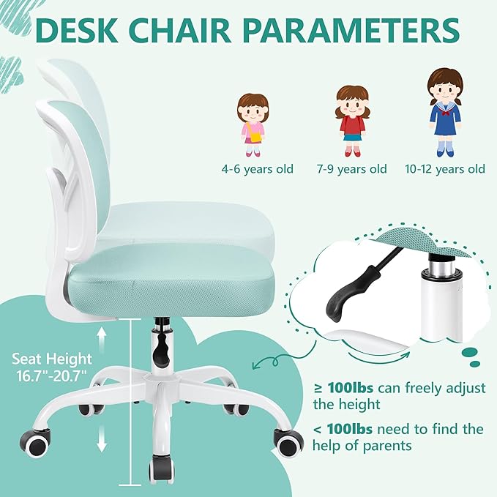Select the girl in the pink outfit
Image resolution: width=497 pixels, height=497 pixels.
click(253, 124)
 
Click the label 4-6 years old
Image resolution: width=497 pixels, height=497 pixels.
click(258, 169)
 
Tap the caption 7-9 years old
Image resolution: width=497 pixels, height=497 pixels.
click(351, 169)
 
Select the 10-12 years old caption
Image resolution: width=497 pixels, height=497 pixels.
click(445, 169)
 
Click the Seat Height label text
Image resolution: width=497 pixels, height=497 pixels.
click(52, 359)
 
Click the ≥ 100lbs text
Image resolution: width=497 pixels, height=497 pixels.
click(345, 386)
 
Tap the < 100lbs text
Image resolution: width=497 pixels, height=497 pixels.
click(345, 428)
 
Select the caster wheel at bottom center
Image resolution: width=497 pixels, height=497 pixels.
click(163, 466)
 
